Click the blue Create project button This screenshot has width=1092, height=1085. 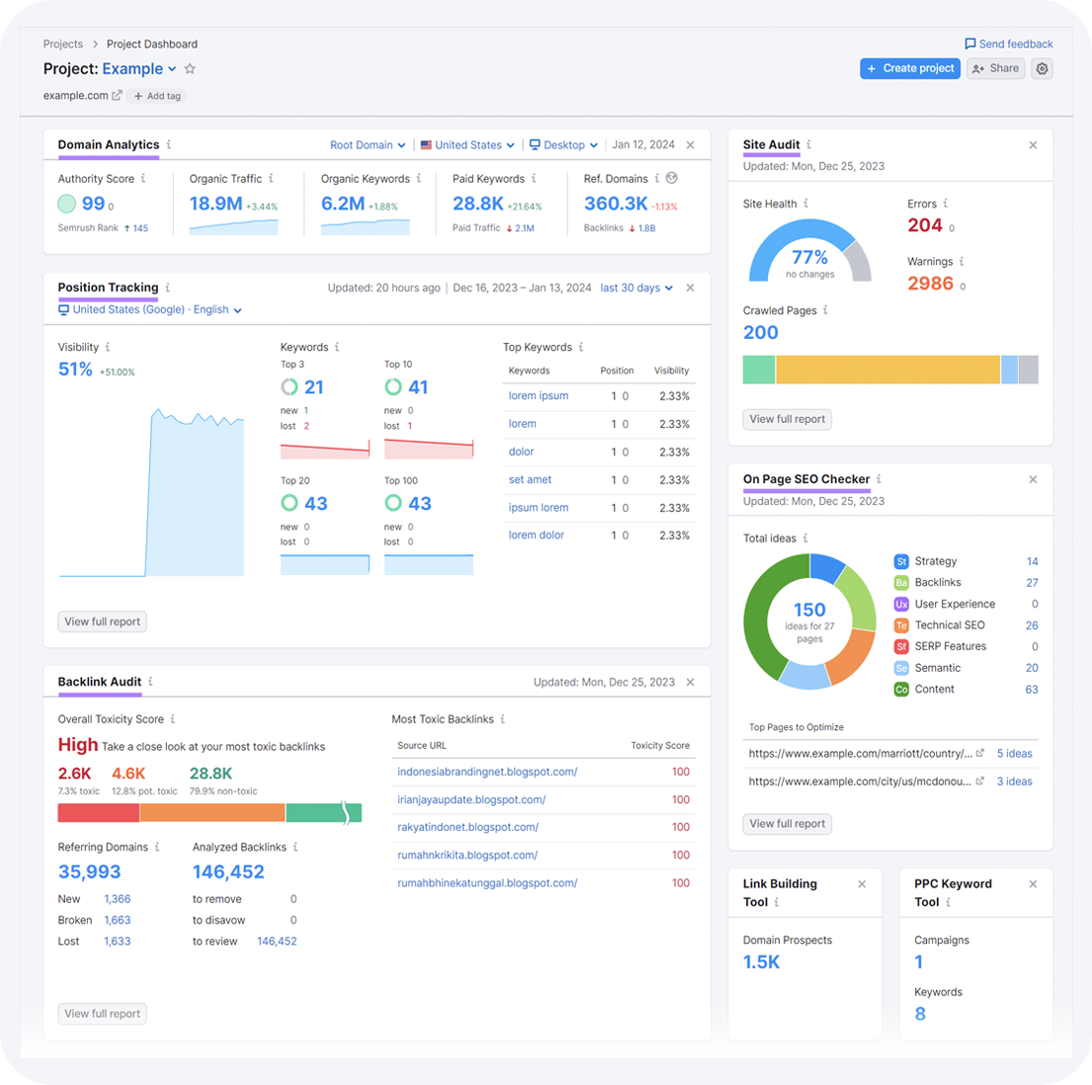pos(909,68)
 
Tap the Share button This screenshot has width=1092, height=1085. pos(995,68)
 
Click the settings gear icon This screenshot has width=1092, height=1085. pos(1042,68)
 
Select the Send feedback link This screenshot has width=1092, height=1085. pos(1009,43)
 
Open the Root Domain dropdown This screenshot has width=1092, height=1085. pos(368,145)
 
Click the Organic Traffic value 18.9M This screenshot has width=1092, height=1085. pos(215,204)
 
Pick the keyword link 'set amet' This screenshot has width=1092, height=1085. pos(530,479)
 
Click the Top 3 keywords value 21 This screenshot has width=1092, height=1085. pos(314,387)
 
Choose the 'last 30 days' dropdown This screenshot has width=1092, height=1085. pos(636,288)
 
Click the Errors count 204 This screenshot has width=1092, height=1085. pos(925,225)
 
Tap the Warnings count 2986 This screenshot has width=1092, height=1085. pos(930,284)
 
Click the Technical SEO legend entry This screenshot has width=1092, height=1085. pos(949,626)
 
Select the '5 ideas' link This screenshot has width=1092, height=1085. pos(1014,753)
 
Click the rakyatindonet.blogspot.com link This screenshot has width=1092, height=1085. pos(467,827)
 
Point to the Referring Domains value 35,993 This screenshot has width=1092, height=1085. pos(89,872)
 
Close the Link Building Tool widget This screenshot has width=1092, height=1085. pos(862,884)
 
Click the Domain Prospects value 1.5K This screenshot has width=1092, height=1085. pos(761,962)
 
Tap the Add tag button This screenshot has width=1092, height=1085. pos(157,96)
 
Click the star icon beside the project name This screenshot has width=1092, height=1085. pos(190,69)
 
